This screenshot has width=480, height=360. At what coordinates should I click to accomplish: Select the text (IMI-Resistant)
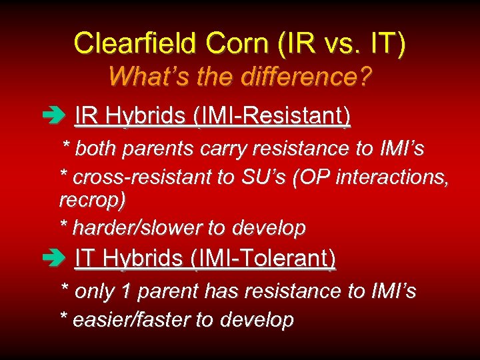point(271,117)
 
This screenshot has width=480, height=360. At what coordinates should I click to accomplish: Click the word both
point(95,149)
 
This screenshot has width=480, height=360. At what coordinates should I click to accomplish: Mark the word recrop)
point(92,199)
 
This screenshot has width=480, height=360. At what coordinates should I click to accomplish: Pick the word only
point(93,291)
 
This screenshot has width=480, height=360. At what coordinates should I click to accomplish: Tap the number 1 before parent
point(126,291)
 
